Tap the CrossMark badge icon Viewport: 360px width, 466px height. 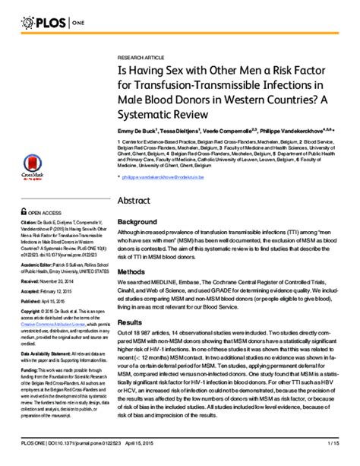pos(30,168)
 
